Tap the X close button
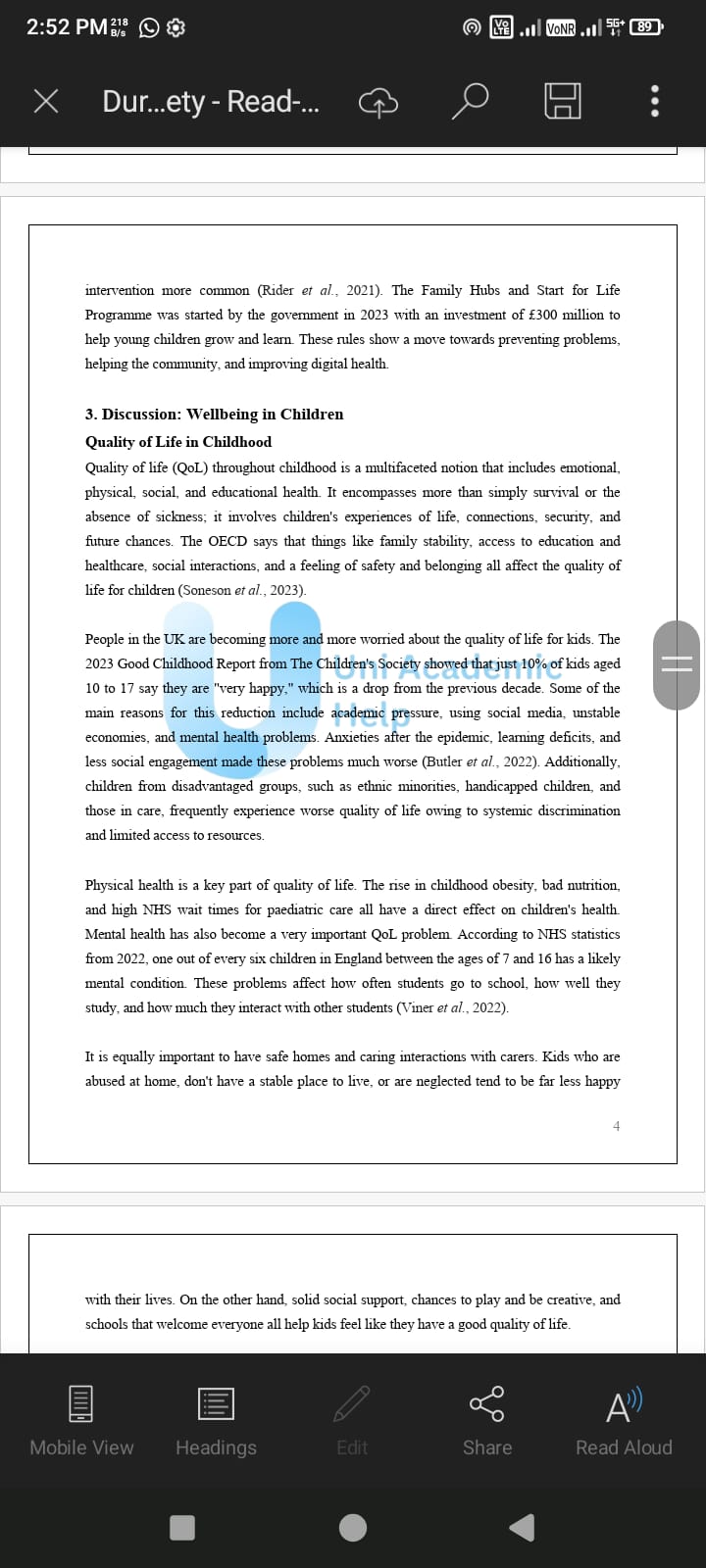click(46, 101)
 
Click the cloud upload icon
click(378, 102)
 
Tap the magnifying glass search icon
click(470, 101)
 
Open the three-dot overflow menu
click(655, 101)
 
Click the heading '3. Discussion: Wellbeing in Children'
click(214, 414)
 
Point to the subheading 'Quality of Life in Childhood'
click(178, 442)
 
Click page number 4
click(616, 1126)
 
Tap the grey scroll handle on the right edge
click(677, 664)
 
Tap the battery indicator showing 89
click(645, 26)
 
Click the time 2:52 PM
click(67, 26)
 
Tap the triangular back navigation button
click(523, 1527)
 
